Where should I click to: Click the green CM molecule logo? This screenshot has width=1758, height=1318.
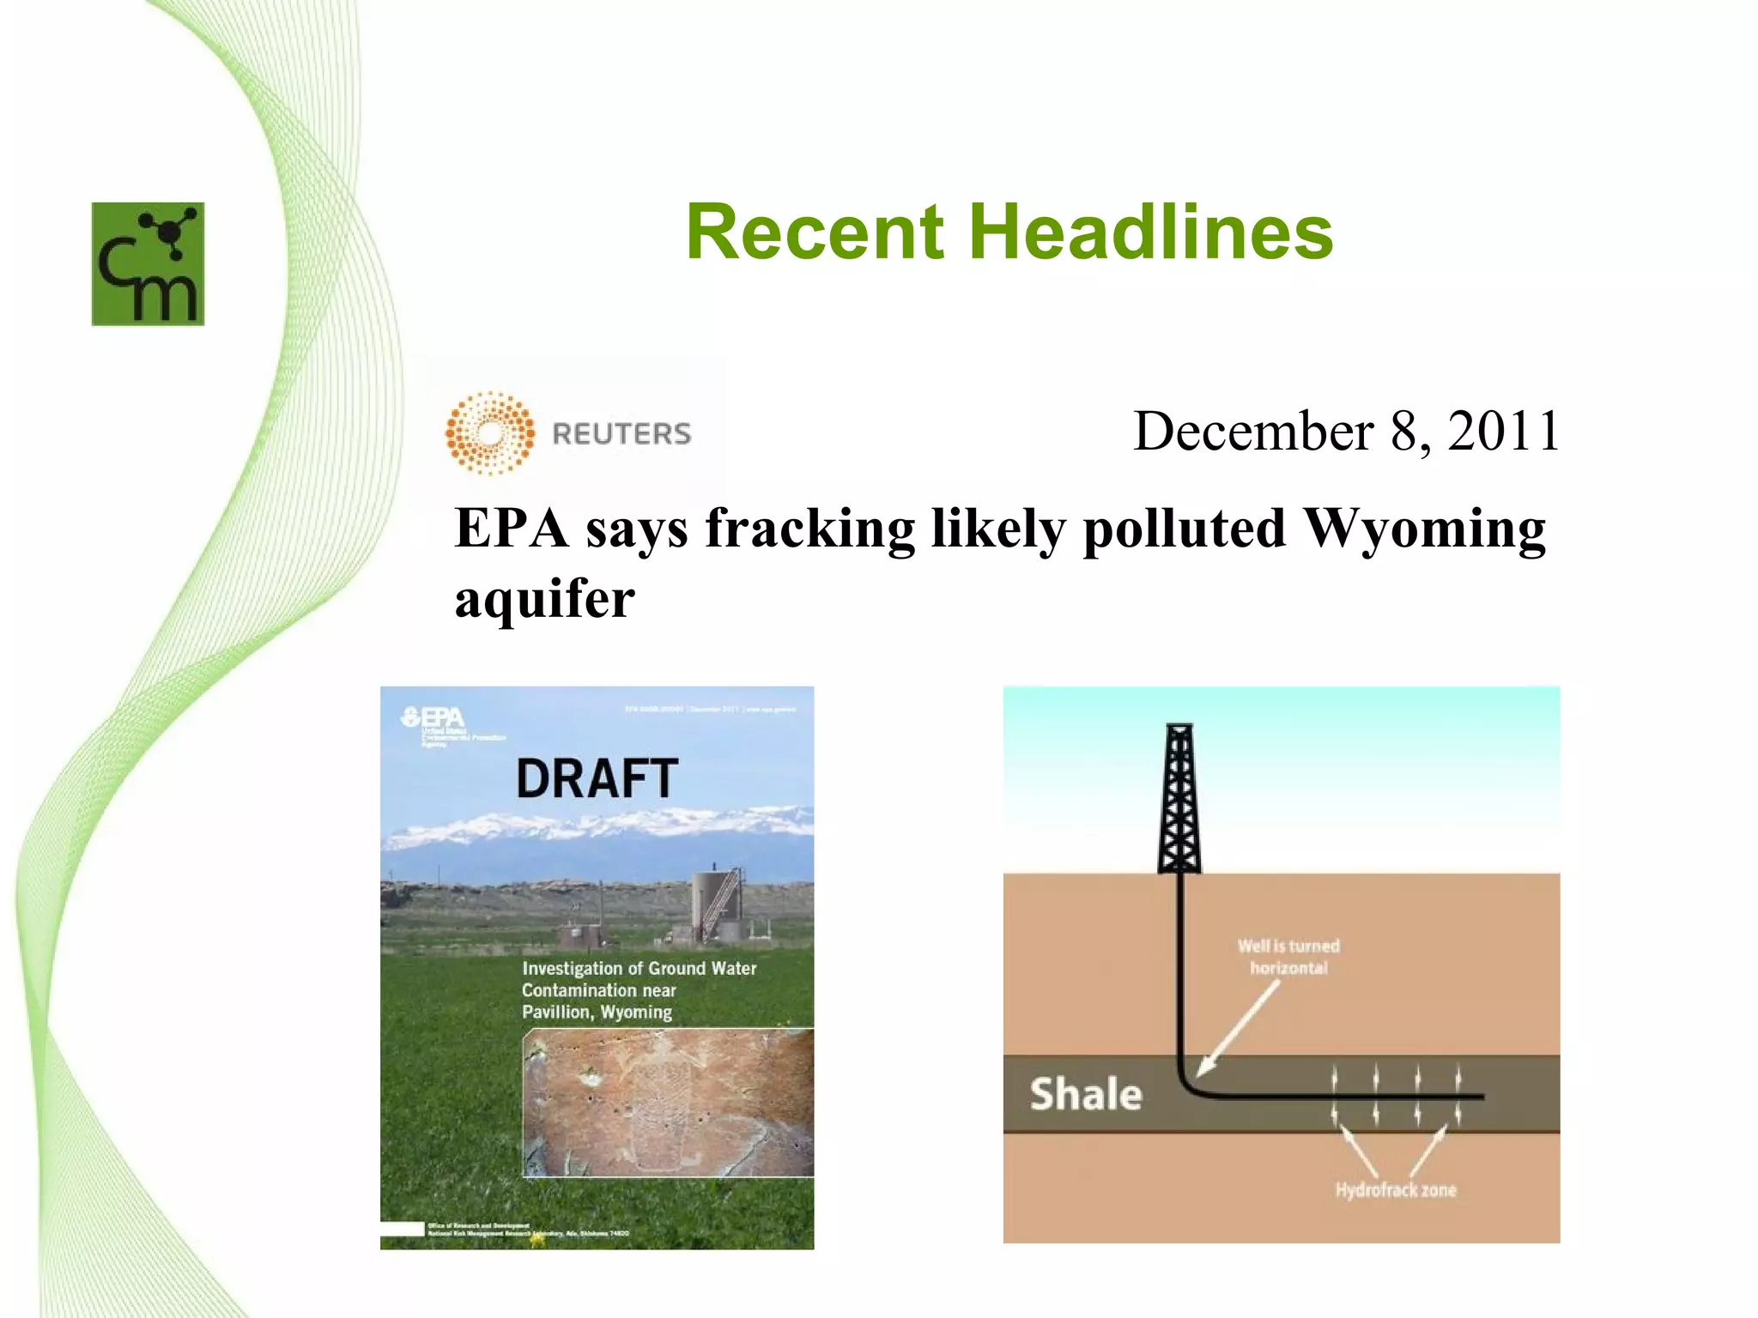(x=148, y=263)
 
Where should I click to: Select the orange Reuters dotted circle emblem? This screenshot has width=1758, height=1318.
(x=490, y=433)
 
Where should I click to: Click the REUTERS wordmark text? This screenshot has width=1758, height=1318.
(x=621, y=434)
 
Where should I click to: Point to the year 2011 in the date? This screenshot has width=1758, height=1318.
(x=1503, y=431)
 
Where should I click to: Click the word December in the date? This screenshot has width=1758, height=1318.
(x=1253, y=431)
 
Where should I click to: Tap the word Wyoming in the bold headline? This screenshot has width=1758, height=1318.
(x=1424, y=529)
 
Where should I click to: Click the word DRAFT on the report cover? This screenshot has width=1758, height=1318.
(x=597, y=779)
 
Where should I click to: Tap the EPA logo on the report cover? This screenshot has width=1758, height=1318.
(x=433, y=717)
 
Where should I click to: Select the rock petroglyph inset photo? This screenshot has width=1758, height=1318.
(x=668, y=1103)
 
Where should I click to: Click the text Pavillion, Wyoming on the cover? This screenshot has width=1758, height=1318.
(x=597, y=1013)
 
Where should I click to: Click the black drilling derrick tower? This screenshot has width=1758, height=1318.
(x=1179, y=798)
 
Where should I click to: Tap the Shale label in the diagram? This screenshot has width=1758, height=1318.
(x=1086, y=1095)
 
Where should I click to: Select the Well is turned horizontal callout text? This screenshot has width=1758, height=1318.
(x=1288, y=957)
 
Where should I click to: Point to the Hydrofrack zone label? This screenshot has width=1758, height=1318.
(x=1395, y=1190)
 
